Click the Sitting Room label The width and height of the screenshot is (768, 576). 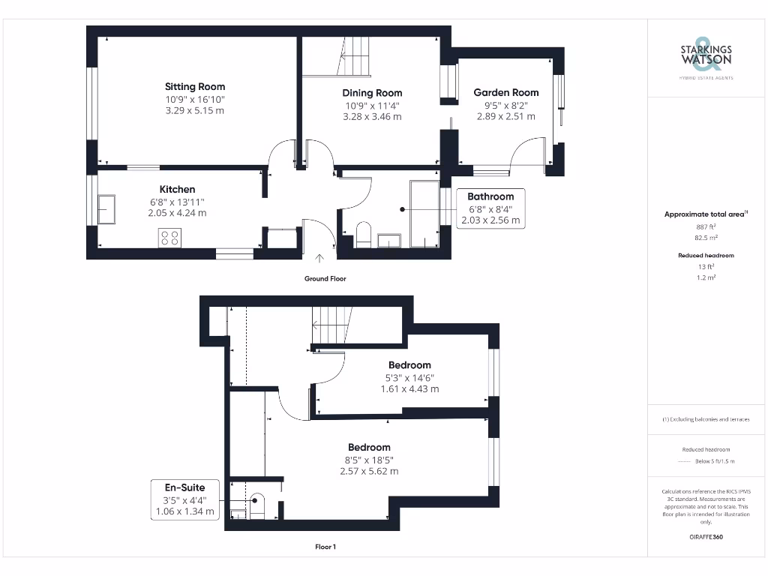pyautogui.click(x=195, y=87)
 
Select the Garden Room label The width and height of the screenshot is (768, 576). pyautogui.click(x=505, y=93)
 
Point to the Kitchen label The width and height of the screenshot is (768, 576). pyautogui.click(x=177, y=190)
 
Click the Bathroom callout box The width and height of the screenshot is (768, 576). pyautogui.click(x=490, y=208)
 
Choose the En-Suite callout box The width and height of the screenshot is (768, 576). pyautogui.click(x=184, y=499)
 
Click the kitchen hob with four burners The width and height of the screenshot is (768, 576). pyautogui.click(x=169, y=237)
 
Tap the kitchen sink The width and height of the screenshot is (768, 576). pyautogui.click(x=106, y=209)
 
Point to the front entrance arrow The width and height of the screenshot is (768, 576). pyautogui.click(x=320, y=260)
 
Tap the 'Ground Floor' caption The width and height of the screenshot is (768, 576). pyautogui.click(x=325, y=278)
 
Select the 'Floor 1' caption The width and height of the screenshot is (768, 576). pyautogui.click(x=325, y=547)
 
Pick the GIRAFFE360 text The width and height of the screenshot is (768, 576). pyautogui.click(x=705, y=537)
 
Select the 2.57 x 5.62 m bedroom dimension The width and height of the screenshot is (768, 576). pyautogui.click(x=368, y=472)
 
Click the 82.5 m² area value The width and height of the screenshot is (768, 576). pyautogui.click(x=705, y=237)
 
